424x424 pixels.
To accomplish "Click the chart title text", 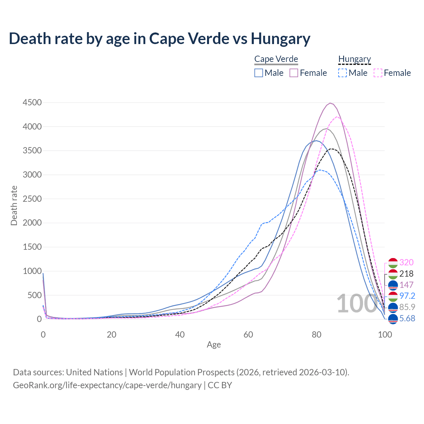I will pyautogui.click(x=159, y=38).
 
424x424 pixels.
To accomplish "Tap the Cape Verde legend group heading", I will pyautogui.click(x=276, y=59).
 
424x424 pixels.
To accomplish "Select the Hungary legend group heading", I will pyautogui.click(x=354, y=59).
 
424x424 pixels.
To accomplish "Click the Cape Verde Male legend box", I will pyautogui.click(x=259, y=73).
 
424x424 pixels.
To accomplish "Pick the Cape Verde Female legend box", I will pyautogui.click(x=294, y=73).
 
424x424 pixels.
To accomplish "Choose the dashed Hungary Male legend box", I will pyautogui.click(x=343, y=73).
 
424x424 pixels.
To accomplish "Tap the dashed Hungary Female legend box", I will pyautogui.click(x=378, y=73).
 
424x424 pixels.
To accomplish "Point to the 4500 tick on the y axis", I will pyautogui.click(x=32, y=103).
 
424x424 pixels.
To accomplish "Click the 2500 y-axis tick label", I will pyautogui.click(x=32, y=199).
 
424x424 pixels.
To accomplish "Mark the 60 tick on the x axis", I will pyautogui.click(x=248, y=335).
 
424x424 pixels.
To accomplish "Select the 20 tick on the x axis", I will pyautogui.click(x=112, y=335).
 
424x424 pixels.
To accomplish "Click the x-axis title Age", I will pyautogui.click(x=214, y=345).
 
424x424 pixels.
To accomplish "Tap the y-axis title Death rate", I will pyautogui.click(x=14, y=205).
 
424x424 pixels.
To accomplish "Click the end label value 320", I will pyautogui.click(x=406, y=262).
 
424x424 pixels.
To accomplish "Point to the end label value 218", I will pyautogui.click(x=406, y=274).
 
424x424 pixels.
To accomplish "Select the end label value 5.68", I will pyautogui.click(x=407, y=318).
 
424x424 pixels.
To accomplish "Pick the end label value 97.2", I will pyautogui.click(x=407, y=296).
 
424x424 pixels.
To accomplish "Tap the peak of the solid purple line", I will pyautogui.click(x=330, y=103).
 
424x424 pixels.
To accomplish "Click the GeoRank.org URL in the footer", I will pyautogui.click(x=107, y=385).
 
